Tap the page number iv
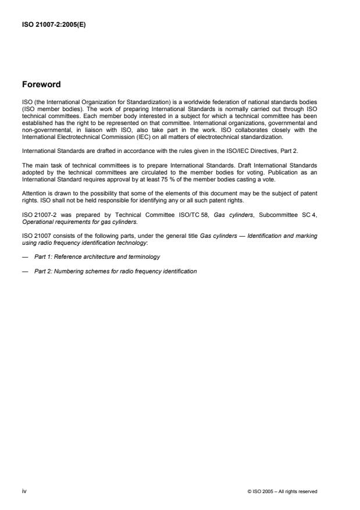pos(24,491)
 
